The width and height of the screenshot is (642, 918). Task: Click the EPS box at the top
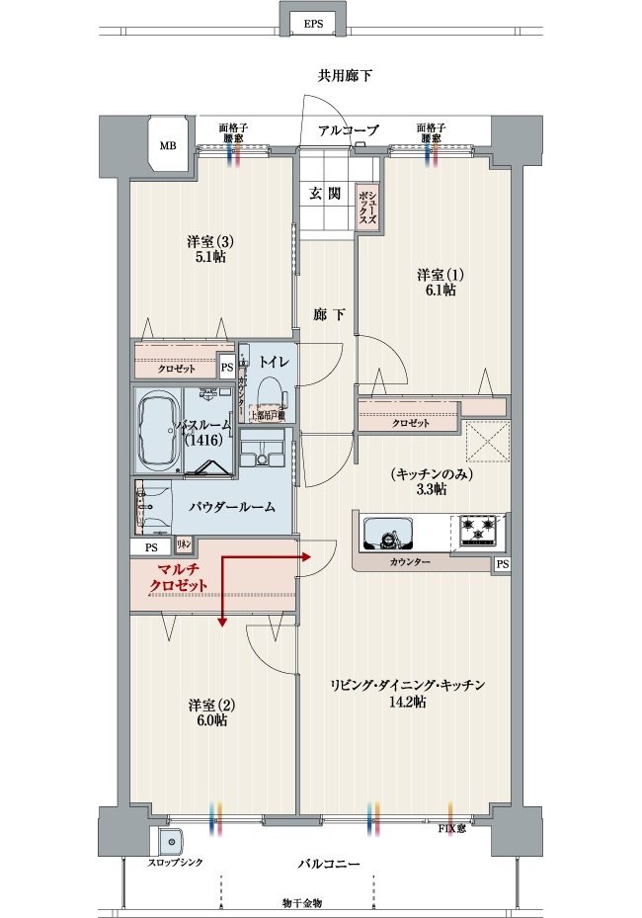pyautogui.click(x=313, y=22)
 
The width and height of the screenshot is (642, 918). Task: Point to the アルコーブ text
pyautogui.click(x=348, y=130)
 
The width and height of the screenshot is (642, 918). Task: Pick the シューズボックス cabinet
pyautogui.click(x=368, y=207)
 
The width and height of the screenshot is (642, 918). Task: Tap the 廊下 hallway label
pyautogui.click(x=329, y=315)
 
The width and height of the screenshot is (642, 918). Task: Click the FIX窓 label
pyautogui.click(x=453, y=828)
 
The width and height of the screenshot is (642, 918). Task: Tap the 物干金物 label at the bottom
pyautogui.click(x=301, y=903)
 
